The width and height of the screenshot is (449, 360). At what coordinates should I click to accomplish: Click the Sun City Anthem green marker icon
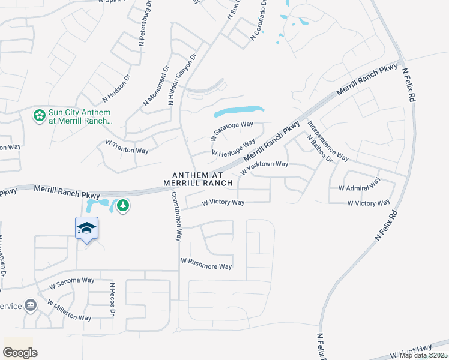[x=40, y=115]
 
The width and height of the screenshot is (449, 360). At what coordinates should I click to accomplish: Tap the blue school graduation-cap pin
[x=87, y=228]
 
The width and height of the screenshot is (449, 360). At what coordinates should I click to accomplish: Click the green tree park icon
[x=123, y=206]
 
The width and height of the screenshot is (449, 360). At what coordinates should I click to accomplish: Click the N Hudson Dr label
[x=116, y=88]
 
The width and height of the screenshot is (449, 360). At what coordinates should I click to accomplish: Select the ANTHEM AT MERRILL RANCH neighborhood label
[x=190, y=178]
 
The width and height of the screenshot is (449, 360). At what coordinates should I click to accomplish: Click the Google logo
[x=20, y=353]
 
